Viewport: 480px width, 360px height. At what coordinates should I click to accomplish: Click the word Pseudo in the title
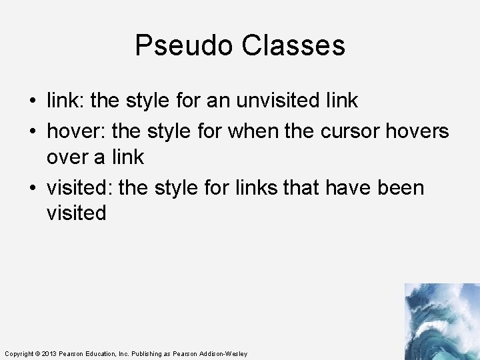[x=184, y=46]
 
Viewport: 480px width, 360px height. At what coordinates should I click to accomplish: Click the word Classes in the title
[x=293, y=46]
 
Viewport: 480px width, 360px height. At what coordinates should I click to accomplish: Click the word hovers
[x=417, y=131]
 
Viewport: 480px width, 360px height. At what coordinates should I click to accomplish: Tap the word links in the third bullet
[x=257, y=187]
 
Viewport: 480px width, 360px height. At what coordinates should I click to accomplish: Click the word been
[x=400, y=187]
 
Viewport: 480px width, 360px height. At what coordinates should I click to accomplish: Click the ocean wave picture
[x=441, y=321]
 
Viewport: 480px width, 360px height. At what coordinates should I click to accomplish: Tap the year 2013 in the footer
[x=49, y=353]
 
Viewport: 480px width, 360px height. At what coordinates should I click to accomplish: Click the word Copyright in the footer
[x=18, y=353]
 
